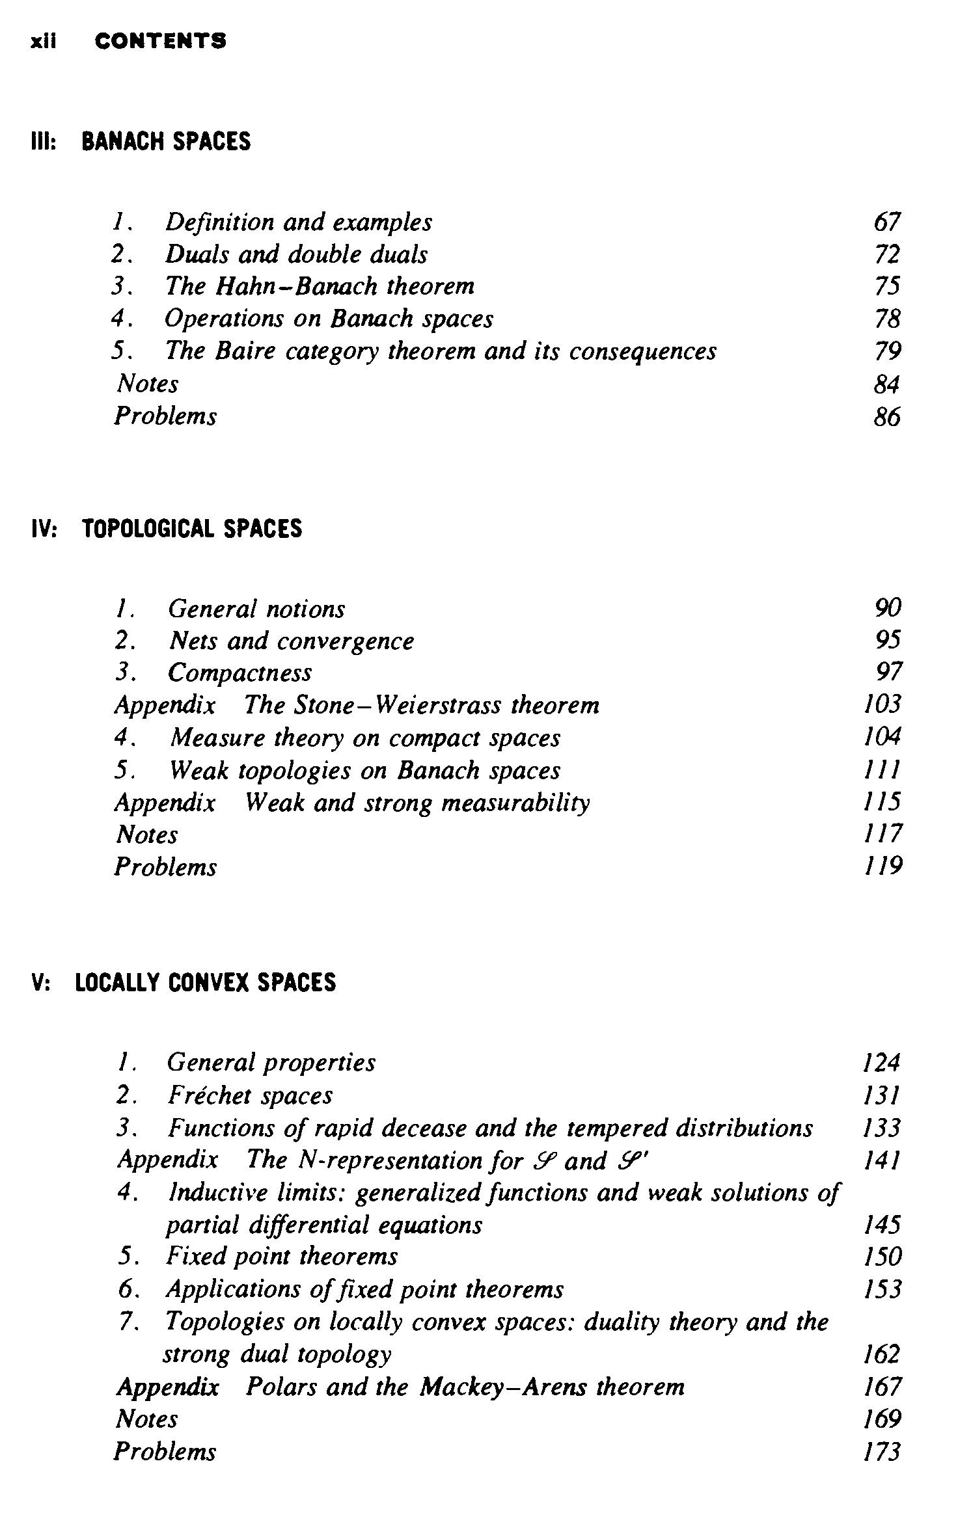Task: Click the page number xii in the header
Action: click(x=44, y=42)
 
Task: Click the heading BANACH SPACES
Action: click(x=166, y=142)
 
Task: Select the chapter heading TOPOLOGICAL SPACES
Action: click(x=192, y=529)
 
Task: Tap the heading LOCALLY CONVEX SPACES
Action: click(x=206, y=982)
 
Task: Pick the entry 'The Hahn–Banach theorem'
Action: click(x=320, y=286)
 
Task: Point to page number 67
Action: click(x=887, y=222)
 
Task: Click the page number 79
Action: click(x=887, y=351)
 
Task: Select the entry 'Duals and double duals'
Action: click(x=296, y=254)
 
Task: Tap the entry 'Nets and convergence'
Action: click(x=291, y=641)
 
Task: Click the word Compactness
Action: click(x=239, y=673)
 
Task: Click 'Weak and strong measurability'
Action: click(x=417, y=803)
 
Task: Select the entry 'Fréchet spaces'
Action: click(x=250, y=1096)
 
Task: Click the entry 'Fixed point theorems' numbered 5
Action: click(x=281, y=1256)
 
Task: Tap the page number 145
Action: click(x=882, y=1225)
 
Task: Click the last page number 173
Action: click(x=882, y=1452)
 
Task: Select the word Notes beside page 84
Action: click(x=147, y=384)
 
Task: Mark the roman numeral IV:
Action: click(x=45, y=529)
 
